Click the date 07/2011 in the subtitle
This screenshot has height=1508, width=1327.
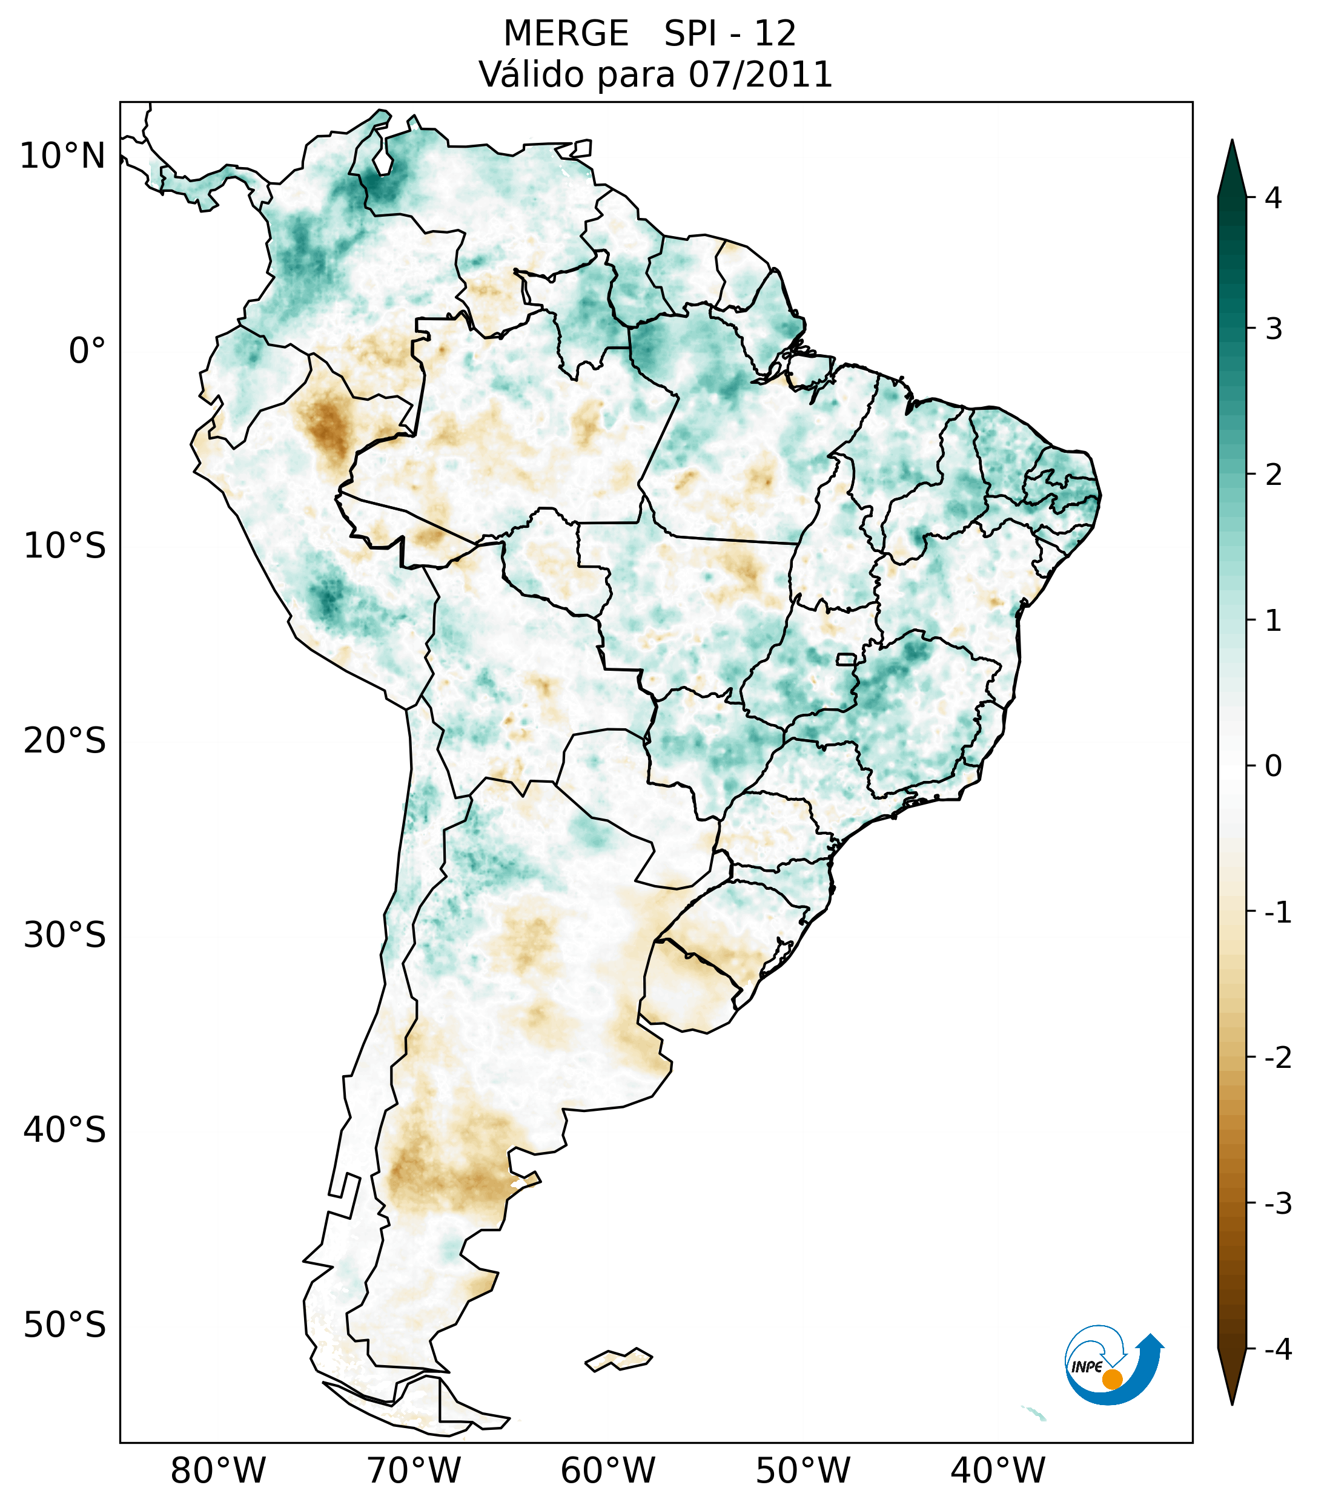(760, 74)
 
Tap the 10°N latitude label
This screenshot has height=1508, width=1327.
(63, 156)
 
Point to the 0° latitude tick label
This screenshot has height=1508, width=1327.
(87, 351)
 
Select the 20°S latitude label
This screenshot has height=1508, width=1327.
(65, 741)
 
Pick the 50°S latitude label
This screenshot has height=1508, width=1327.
(65, 1325)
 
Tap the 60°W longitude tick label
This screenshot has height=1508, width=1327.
(607, 1470)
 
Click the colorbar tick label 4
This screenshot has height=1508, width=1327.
(1273, 198)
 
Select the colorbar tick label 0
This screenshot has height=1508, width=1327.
(1273, 766)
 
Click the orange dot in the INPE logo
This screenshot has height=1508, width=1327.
(1111, 1379)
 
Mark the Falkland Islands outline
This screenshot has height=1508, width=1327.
(618, 1359)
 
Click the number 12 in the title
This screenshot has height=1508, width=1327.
(775, 34)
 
